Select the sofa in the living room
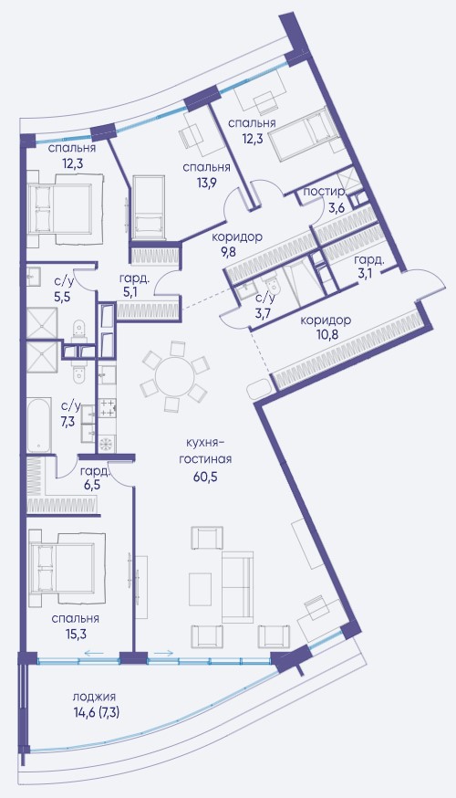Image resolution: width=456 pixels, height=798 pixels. pos(237,587)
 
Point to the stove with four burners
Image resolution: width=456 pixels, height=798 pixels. pos(108,409)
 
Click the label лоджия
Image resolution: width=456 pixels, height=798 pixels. pos(94,697)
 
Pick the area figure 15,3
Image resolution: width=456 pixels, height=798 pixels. pos(75,635)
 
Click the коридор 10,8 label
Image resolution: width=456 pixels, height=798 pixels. pos(326,329)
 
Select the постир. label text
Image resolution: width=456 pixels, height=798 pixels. pos(325,193)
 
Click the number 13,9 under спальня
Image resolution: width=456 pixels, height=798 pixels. pos(206,184)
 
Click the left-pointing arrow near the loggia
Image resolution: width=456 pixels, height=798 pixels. pos(94,653)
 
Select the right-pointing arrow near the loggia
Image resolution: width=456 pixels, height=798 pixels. pos(163,653)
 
